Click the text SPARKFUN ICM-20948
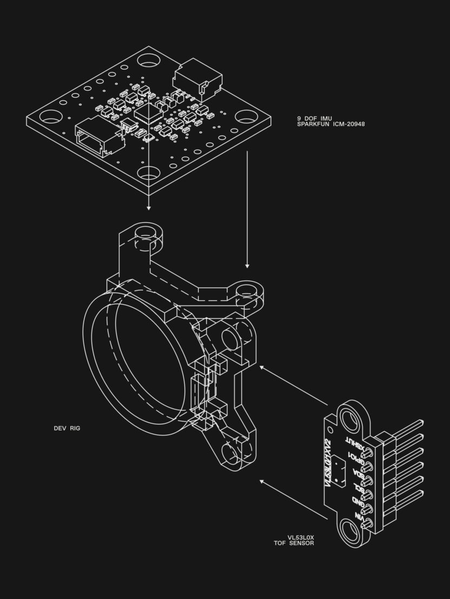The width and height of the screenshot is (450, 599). (x=330, y=124)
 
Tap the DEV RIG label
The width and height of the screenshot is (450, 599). (x=67, y=428)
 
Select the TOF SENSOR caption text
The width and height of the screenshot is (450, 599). (x=294, y=542)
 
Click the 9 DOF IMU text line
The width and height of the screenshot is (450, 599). (x=314, y=118)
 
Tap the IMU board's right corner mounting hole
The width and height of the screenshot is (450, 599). (x=246, y=116)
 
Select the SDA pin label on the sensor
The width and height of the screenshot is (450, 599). (x=357, y=474)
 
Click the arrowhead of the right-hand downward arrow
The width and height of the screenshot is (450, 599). (x=247, y=265)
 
